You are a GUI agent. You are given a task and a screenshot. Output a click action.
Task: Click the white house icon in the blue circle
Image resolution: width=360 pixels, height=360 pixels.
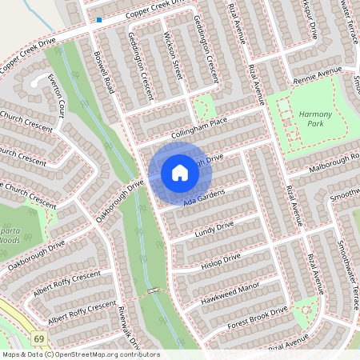[180, 172]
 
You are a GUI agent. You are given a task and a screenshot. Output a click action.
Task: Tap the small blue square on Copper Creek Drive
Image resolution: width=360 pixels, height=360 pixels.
[99, 19]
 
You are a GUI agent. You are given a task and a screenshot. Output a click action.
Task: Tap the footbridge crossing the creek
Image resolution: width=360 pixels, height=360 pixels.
[154, 290]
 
